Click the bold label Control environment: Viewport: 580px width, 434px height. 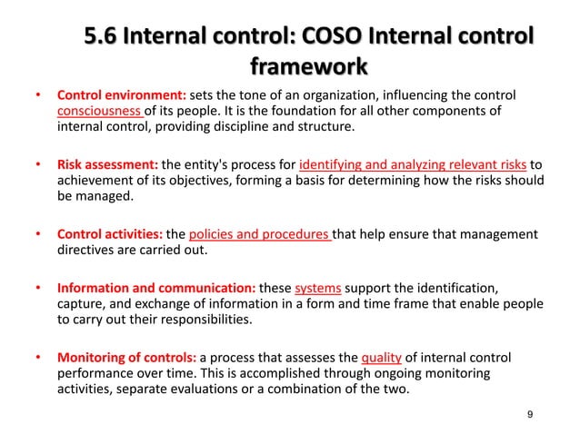click(x=122, y=95)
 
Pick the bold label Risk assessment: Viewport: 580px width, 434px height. click(x=107, y=165)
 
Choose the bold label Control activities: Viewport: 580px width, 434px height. click(x=108, y=234)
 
